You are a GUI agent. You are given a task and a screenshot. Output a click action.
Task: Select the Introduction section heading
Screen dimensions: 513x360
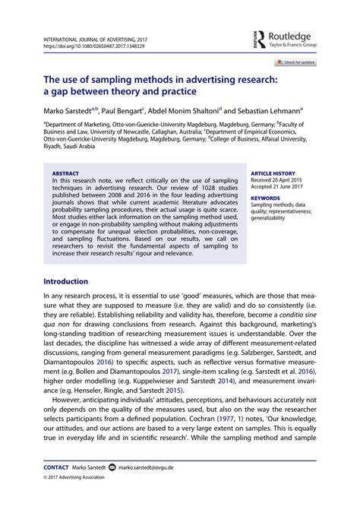click(x=66, y=281)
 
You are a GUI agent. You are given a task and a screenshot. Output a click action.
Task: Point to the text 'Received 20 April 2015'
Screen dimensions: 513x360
click(x=277, y=180)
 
